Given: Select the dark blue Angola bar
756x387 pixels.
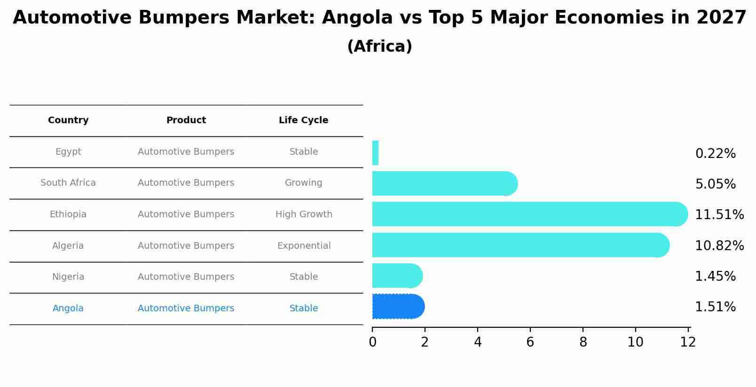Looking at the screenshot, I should (x=398, y=307).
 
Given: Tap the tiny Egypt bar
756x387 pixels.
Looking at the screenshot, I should (x=375, y=153).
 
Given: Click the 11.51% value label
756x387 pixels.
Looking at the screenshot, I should (x=719, y=215).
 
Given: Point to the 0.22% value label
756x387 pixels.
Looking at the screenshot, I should (x=715, y=154).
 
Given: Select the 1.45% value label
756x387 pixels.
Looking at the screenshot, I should (x=715, y=276).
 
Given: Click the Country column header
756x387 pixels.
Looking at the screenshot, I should (x=68, y=120).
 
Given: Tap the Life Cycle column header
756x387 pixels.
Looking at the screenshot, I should (x=303, y=120).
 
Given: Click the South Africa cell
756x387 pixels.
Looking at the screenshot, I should (x=68, y=183).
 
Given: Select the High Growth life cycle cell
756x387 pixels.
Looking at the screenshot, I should (x=304, y=214).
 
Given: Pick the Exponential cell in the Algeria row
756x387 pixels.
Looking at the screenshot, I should (x=304, y=246).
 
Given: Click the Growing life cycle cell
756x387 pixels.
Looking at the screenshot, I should (x=303, y=183).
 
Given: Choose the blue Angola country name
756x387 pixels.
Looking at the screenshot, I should (x=68, y=308).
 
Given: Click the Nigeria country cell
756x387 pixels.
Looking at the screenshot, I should (x=68, y=277).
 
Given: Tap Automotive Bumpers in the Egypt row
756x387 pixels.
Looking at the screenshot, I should (x=186, y=152).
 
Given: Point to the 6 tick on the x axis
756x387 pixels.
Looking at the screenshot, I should (x=530, y=342).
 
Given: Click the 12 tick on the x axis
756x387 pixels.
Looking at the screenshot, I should (x=687, y=342).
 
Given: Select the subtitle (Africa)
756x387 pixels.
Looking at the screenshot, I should (x=379, y=47).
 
